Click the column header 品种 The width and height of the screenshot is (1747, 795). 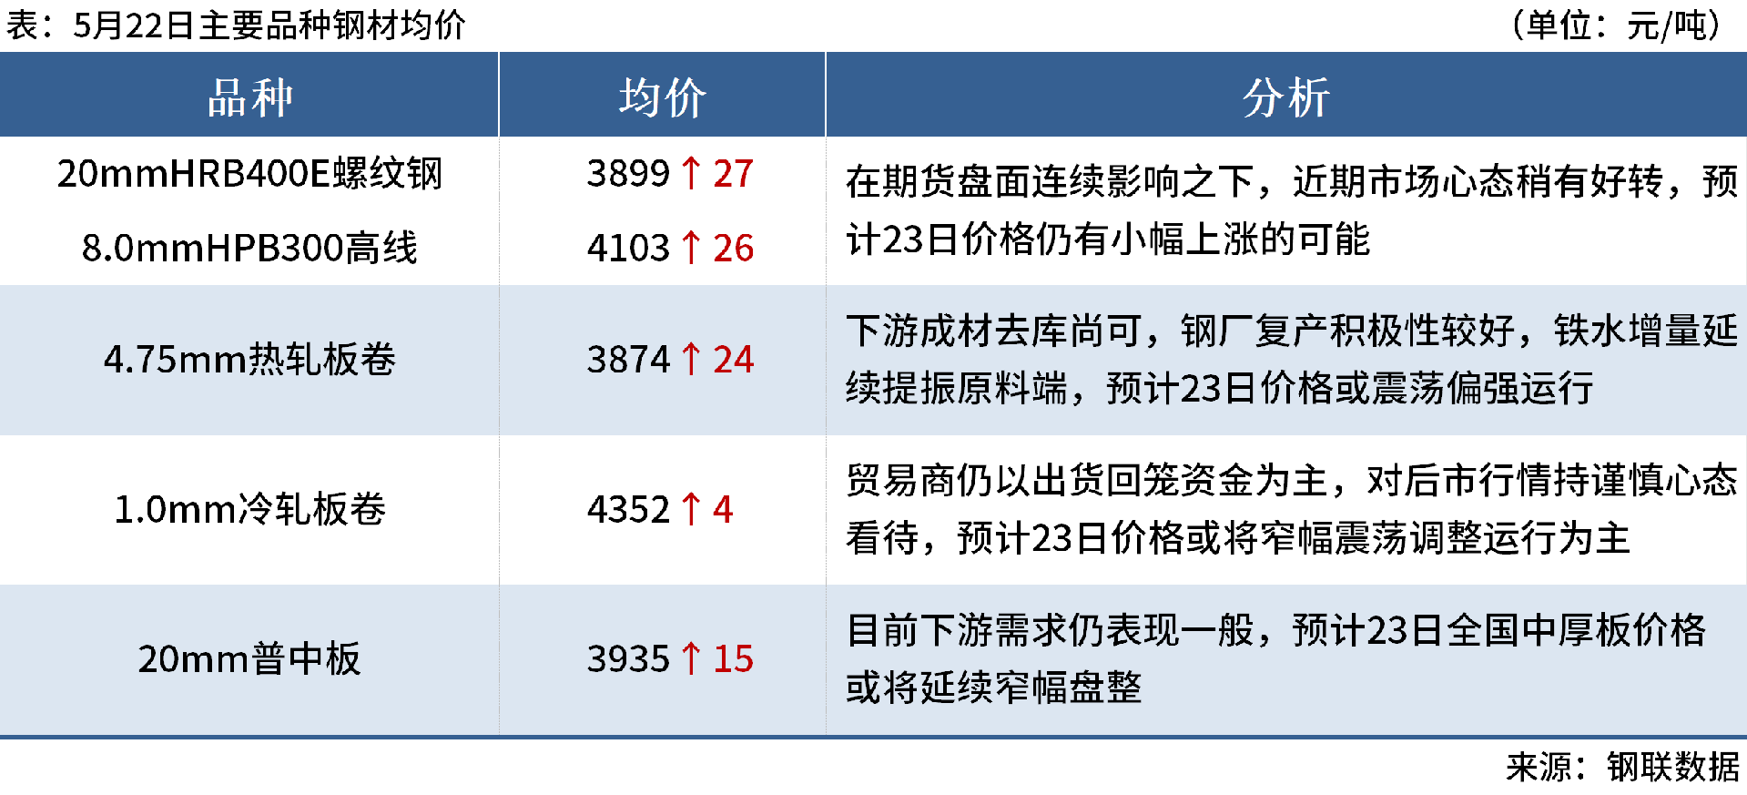249,97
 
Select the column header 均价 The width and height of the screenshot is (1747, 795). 662,97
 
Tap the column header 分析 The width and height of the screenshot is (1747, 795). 1285,97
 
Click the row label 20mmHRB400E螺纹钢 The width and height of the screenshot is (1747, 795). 249,173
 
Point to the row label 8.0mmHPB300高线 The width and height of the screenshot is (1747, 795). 249,248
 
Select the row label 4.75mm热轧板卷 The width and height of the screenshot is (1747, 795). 249,360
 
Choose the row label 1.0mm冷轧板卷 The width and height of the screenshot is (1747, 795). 249,509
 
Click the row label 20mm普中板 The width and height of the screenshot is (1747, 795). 249,658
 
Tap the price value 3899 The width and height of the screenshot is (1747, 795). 628,173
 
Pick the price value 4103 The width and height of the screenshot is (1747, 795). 628,248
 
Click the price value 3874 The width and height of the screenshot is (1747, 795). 628,360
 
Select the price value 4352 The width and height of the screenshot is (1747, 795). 628,509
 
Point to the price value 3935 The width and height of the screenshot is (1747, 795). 628,658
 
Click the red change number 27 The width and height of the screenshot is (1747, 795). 733,173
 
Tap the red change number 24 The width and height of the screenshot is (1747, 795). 733,360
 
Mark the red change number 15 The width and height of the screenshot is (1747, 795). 733,658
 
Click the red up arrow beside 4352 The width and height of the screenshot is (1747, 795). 691,509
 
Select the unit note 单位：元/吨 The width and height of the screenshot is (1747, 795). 1616,25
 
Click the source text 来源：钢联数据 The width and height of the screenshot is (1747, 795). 1622,767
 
